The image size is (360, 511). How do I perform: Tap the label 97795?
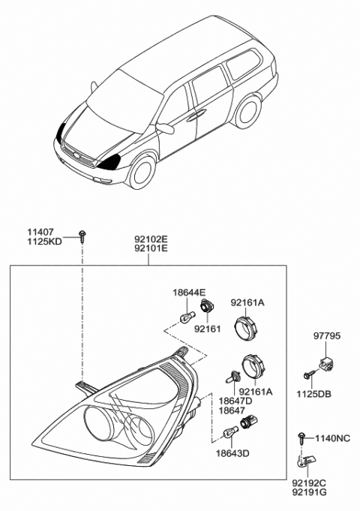click(x=327, y=338)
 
